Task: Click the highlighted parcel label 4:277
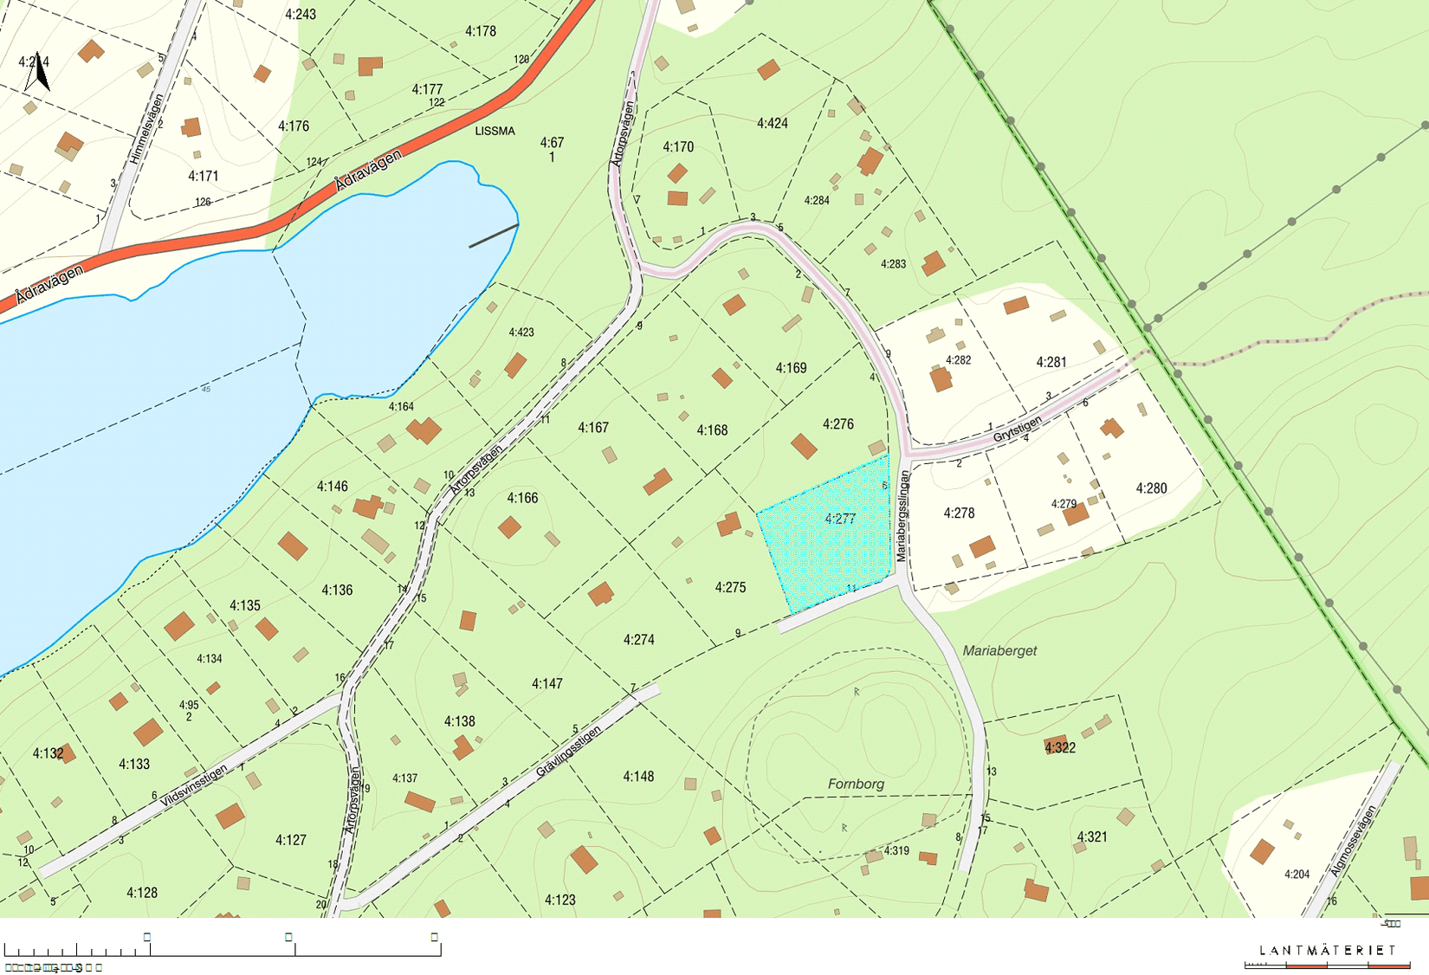(839, 519)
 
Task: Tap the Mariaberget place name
(999, 650)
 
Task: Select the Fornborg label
(856, 784)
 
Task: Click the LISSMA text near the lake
(495, 131)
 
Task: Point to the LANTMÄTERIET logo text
(1327, 950)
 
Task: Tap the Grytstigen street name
(1017, 429)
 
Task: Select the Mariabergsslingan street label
(903, 516)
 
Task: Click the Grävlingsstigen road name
(568, 751)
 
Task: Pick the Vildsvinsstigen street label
(194, 786)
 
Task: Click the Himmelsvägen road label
(146, 129)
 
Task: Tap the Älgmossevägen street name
(1353, 841)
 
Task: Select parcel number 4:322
(1059, 747)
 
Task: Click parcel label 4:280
(1151, 488)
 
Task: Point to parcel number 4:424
(772, 123)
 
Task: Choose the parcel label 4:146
(332, 486)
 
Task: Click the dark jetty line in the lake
(494, 236)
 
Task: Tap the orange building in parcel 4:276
(804, 447)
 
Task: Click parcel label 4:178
(480, 31)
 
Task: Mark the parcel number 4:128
(142, 893)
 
